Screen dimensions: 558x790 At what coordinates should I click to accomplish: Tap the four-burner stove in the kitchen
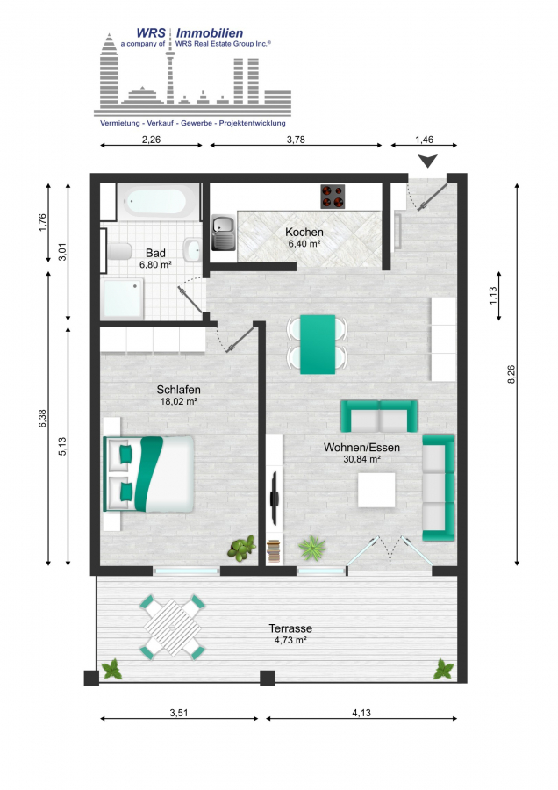tap(333, 197)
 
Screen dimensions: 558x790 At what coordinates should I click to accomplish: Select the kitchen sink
tap(223, 233)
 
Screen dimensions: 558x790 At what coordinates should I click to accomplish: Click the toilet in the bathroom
tap(118, 251)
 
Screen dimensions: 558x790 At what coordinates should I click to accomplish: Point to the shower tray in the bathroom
tap(122, 298)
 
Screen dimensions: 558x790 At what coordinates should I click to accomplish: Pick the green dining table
tap(318, 345)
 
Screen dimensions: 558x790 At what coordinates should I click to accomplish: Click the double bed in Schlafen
tap(148, 474)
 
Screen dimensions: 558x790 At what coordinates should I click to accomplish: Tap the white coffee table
tap(376, 490)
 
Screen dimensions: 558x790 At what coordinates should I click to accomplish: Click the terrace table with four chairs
tap(172, 628)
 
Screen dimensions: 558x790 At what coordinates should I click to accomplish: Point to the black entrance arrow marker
tap(428, 161)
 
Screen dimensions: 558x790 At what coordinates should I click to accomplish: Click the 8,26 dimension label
tap(511, 374)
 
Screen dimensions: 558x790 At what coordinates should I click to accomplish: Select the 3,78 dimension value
tap(296, 140)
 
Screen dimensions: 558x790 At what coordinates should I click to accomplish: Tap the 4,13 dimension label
tap(361, 713)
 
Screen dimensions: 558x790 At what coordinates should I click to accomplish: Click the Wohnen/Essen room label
tap(361, 448)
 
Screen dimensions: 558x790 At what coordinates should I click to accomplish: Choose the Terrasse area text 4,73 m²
tap(290, 641)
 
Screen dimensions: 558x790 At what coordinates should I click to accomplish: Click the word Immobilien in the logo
tap(210, 33)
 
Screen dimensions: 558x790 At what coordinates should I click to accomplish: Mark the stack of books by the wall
tap(273, 550)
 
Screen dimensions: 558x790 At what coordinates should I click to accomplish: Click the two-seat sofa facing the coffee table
tap(379, 416)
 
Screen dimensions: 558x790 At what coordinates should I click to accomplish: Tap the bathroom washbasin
tap(192, 249)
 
